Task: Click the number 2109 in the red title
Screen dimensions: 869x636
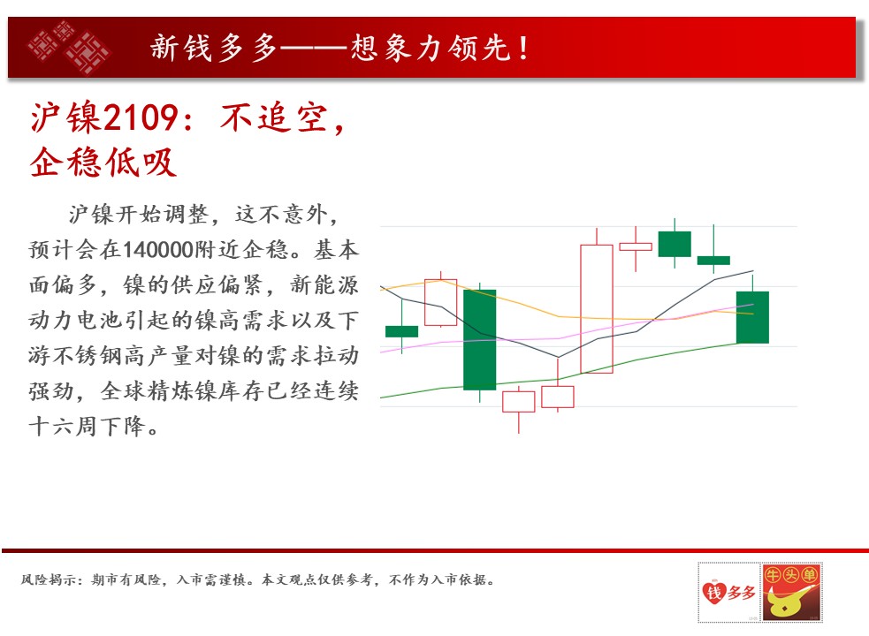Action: pos(141,117)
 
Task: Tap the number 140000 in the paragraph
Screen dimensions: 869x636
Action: pos(156,250)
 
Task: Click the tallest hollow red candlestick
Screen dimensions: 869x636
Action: pos(597,308)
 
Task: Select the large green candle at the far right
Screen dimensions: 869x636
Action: pos(752,317)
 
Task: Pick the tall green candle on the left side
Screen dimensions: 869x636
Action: pos(479,339)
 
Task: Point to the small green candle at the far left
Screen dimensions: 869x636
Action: pos(402,331)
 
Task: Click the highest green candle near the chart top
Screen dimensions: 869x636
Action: pos(675,244)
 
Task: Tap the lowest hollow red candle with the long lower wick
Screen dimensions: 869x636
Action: pos(519,402)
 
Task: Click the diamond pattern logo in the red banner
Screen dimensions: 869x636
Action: pos(69,48)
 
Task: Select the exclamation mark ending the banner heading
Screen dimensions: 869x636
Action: pos(523,48)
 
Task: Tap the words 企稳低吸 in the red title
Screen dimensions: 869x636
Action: pos(103,163)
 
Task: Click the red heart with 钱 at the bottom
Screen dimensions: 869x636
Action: pos(713,592)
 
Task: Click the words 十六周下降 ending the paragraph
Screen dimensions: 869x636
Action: pos(88,426)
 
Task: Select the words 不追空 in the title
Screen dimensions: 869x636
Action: pos(274,117)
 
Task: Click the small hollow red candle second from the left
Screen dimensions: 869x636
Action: pos(440,302)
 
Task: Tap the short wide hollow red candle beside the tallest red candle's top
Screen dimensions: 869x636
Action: pos(636,246)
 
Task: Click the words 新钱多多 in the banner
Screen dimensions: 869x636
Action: pos(213,48)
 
